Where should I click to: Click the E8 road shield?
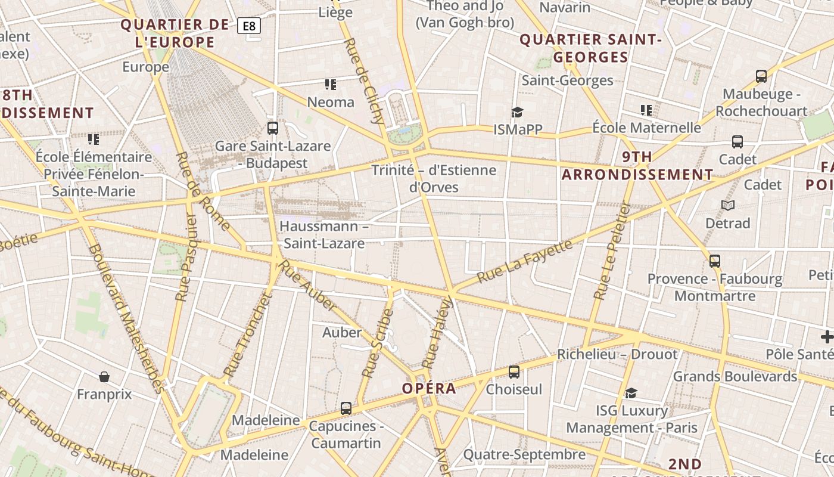pos(249,26)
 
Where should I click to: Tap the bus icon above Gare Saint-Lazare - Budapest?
pos(273,128)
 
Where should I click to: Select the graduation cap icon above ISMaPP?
pos(517,112)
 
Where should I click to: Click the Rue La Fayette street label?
pos(525,260)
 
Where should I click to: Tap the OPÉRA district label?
pos(429,388)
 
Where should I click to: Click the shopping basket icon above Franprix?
pos(104,377)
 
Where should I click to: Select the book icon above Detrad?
pos(728,205)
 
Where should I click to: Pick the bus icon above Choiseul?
pos(514,372)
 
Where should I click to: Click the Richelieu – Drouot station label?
pos(617,354)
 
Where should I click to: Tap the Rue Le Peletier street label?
pos(612,250)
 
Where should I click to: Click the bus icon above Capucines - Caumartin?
pos(346,408)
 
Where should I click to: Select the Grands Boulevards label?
pos(735,376)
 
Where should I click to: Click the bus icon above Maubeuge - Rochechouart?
pos(761,76)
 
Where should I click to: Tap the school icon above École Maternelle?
pos(646,110)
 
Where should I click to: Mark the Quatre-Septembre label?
pos(524,454)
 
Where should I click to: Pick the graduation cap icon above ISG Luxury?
pos(631,393)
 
